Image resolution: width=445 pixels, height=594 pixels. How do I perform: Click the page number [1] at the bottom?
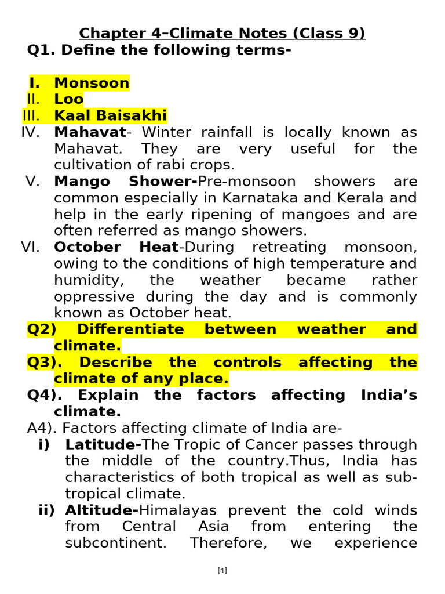pyautogui.click(x=222, y=570)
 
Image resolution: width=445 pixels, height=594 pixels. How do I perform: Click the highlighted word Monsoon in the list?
pyautogui.click(x=92, y=83)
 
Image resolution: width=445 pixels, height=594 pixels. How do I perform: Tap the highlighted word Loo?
pyautogui.click(x=69, y=99)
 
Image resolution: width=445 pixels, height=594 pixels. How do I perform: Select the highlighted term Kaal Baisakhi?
pyautogui.click(x=110, y=115)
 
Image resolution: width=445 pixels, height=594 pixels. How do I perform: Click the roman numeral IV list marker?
pyautogui.click(x=30, y=132)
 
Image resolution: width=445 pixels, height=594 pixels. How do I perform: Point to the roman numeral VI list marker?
pyautogui.click(x=30, y=247)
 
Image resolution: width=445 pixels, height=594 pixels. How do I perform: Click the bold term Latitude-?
pyautogui.click(x=103, y=445)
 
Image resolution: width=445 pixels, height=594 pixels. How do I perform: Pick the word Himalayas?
pyautogui.click(x=176, y=510)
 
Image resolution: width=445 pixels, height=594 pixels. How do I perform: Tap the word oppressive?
pyautogui.click(x=93, y=296)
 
